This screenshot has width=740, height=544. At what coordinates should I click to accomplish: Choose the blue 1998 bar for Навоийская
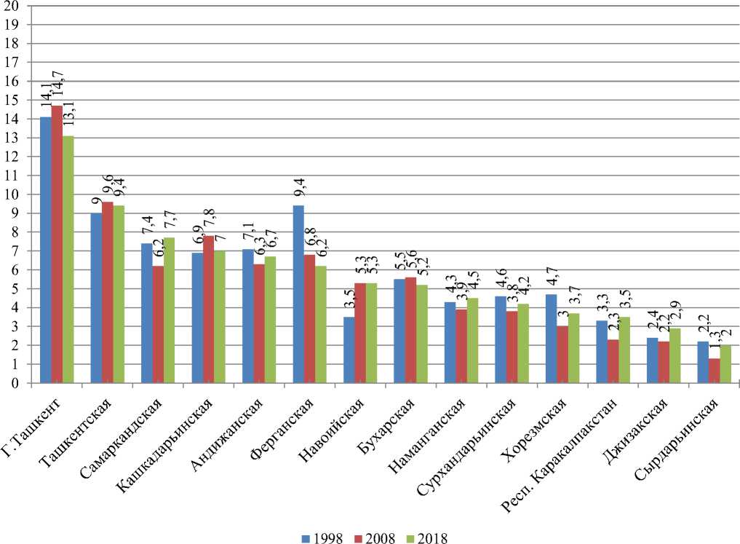349,350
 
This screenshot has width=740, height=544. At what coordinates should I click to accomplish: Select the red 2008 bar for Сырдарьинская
715,371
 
